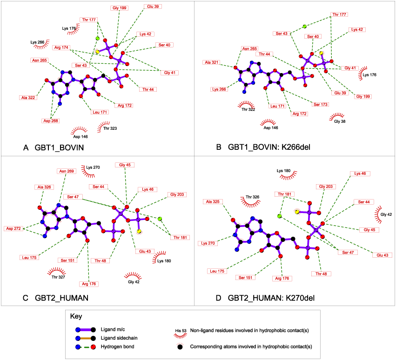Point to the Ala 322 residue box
point(29,98)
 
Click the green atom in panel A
point(98,38)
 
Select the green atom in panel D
point(280,216)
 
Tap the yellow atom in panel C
point(139,232)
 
